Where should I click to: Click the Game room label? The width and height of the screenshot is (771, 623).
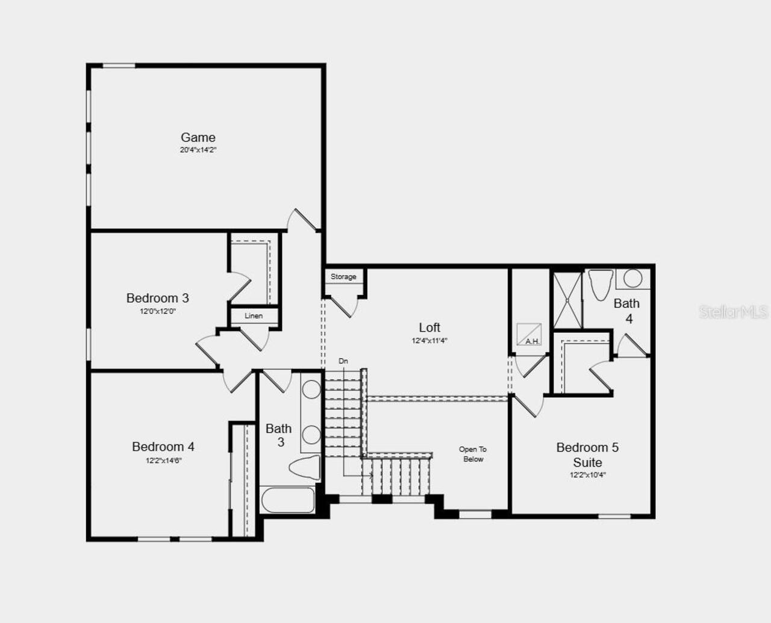(x=198, y=138)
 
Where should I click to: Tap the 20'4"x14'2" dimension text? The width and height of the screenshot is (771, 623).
(x=198, y=150)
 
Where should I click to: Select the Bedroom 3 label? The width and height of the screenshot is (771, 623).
(x=157, y=298)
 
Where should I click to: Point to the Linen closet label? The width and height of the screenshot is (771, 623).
(x=254, y=316)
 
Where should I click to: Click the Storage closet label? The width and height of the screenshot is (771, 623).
(x=343, y=277)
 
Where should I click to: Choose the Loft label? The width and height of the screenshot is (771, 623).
(x=429, y=327)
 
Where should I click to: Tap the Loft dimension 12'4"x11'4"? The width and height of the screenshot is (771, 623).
(x=429, y=341)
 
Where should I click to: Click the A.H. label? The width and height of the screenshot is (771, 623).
(x=532, y=341)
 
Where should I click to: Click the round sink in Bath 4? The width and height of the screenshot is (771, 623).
(x=632, y=278)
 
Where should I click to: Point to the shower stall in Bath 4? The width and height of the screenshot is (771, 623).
(x=567, y=300)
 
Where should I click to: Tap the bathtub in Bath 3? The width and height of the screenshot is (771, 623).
(x=288, y=500)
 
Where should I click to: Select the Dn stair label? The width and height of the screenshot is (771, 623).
(x=343, y=361)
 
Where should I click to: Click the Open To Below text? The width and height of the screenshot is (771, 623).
(x=473, y=454)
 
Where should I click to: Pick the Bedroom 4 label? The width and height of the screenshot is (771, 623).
(x=163, y=447)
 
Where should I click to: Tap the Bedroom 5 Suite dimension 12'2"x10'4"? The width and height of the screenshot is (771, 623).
(x=588, y=475)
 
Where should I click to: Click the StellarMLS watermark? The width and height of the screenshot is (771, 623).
(x=733, y=312)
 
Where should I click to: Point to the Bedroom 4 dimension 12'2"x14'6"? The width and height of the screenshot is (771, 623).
(x=163, y=460)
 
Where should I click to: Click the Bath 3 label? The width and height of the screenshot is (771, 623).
(x=279, y=435)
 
